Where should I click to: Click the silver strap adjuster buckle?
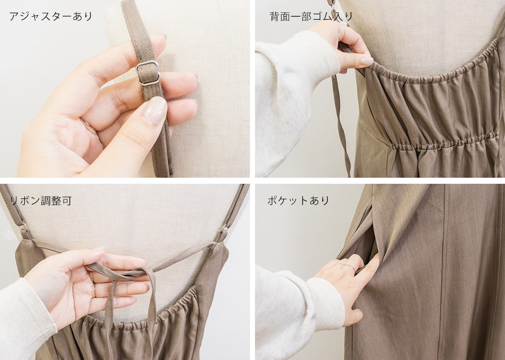pos(148,73)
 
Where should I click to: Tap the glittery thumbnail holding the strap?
pos(155,111)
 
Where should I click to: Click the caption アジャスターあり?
pos(51,17)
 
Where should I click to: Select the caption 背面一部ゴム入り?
pos(311,17)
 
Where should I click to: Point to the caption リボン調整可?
pos(40,201)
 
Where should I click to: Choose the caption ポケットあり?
pos(298,200)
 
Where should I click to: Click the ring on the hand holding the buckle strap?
pos(89,126)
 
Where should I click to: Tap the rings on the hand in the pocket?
pos(345,266)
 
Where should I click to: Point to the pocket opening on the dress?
pos(374,245)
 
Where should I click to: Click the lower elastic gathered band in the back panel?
pos(444,142)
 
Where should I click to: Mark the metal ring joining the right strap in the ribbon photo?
pos(224,229)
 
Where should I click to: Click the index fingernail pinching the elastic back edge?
pos(367,60)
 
